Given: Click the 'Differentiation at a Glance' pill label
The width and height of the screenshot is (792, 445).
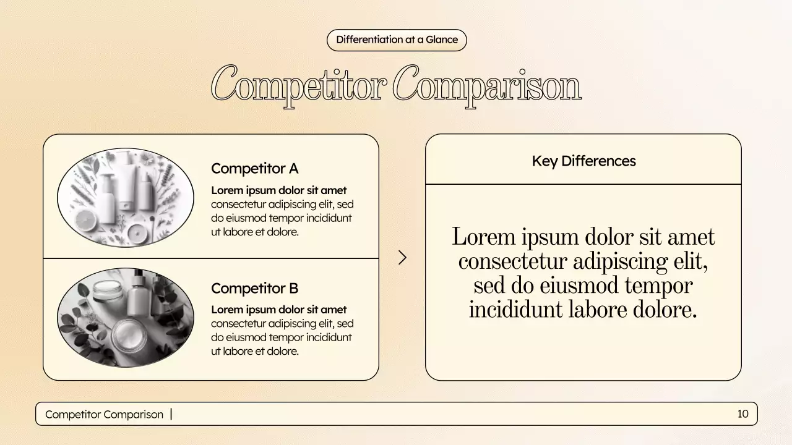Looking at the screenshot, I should [x=397, y=40].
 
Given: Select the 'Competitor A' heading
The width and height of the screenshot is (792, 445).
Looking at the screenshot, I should [x=254, y=168].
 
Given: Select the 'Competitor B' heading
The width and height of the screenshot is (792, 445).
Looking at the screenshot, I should [x=254, y=288].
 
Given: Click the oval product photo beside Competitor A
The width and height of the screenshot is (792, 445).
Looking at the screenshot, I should [x=126, y=198].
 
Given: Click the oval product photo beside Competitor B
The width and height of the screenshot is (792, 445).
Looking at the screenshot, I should [x=126, y=318].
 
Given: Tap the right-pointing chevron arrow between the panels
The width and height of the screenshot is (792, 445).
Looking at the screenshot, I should [x=402, y=258].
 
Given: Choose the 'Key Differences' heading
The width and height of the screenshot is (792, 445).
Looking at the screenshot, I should [x=583, y=161].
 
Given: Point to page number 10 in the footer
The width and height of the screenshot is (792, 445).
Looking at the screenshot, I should [x=742, y=414].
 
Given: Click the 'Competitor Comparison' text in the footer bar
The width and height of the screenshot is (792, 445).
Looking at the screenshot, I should [x=104, y=414].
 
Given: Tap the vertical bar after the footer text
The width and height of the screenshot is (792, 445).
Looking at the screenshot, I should [x=171, y=414].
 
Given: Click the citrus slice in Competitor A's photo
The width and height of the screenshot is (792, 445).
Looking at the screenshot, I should [x=87, y=221].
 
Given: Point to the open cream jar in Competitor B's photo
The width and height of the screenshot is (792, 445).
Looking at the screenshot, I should [x=131, y=335].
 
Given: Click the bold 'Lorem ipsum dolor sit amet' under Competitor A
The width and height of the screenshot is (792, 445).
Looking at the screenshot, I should [x=278, y=190].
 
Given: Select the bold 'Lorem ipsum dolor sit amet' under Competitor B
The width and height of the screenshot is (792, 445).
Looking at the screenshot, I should [x=278, y=310].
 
